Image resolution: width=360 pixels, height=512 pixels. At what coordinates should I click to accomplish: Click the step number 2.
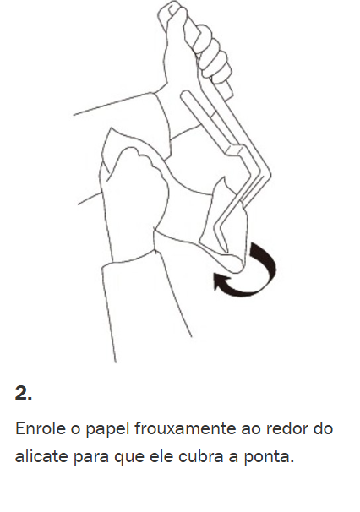(24, 393)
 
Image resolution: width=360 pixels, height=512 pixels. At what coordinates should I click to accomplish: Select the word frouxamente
(184, 428)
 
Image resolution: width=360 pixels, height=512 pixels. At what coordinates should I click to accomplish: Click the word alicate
(41, 456)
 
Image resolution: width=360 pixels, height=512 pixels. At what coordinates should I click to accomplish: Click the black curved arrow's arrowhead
(220, 281)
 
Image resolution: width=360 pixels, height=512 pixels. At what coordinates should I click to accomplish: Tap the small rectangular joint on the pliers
(234, 151)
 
